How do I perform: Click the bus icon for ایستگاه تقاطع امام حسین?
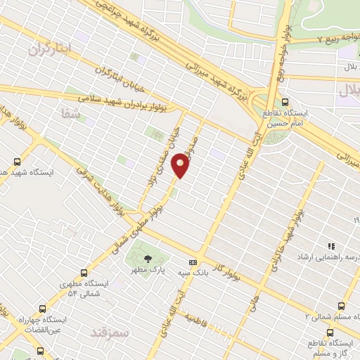click(285, 102)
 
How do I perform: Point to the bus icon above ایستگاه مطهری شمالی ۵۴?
click(85, 272)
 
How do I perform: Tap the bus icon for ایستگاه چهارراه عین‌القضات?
click(44, 308)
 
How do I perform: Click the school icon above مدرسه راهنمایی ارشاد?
click(330, 246)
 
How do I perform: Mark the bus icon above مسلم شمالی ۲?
click(341, 306)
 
